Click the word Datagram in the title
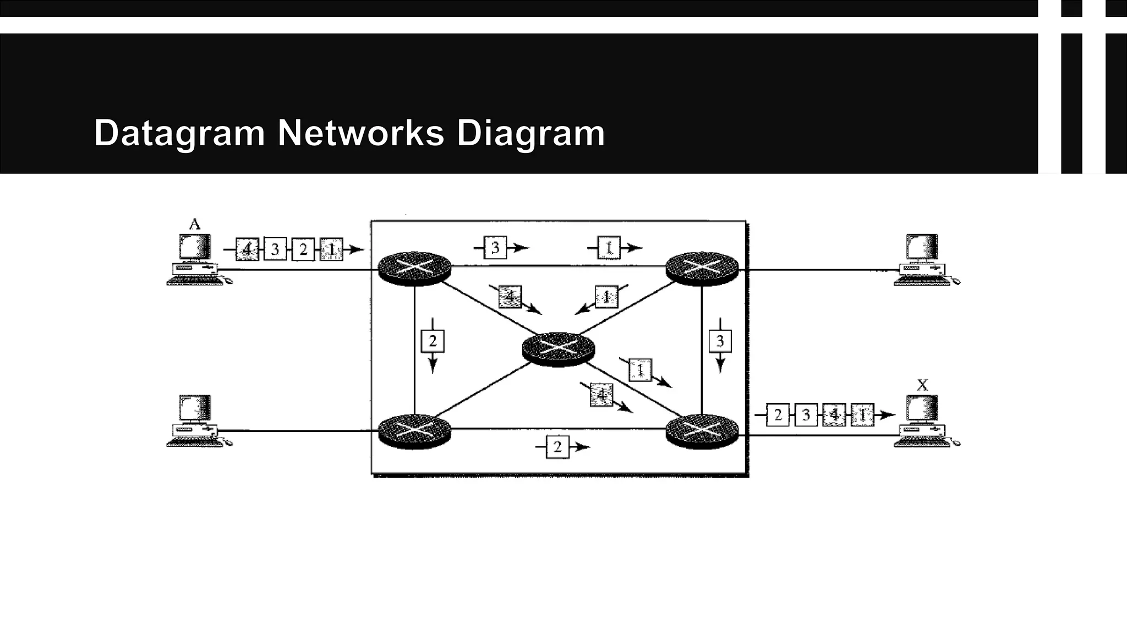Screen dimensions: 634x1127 pos(179,134)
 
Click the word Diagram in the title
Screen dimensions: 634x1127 pos(530,134)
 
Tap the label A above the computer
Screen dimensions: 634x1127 pos(194,224)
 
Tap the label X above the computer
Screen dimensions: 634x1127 pos(922,385)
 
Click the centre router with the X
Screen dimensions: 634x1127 pos(558,348)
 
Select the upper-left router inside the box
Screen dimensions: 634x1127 pos(414,269)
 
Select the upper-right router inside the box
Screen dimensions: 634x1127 pos(702,269)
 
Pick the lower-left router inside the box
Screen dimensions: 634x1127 pos(414,431)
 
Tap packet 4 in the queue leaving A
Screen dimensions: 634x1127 pos(247,250)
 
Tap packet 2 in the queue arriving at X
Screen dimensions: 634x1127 pos(778,415)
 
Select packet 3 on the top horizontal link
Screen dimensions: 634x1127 pos(495,248)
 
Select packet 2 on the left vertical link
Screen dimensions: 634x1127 pos(433,341)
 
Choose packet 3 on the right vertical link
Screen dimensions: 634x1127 pos(720,341)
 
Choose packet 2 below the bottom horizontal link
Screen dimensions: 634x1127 pos(557,447)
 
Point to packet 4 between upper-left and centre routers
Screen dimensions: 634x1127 pos(510,297)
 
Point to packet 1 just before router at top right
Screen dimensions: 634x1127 pos(609,248)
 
